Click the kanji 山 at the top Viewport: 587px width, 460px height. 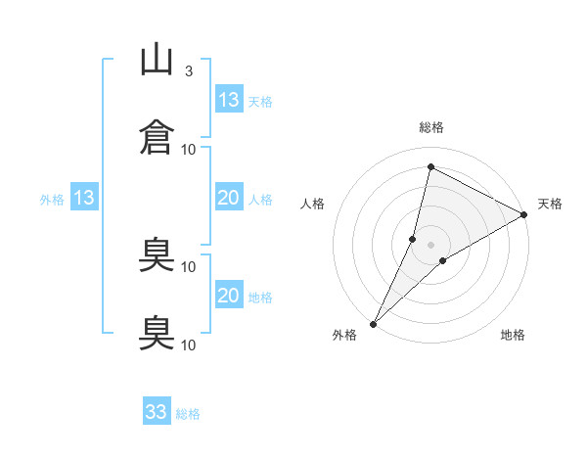pyautogui.click(x=157, y=59)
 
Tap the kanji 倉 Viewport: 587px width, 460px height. pyautogui.click(x=157, y=137)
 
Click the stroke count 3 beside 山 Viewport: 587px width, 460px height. pyautogui.click(x=189, y=71)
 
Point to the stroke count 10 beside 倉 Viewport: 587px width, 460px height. pyautogui.click(x=188, y=150)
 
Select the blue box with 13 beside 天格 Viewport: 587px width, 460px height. pyautogui.click(x=229, y=99)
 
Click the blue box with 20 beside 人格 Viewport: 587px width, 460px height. pyautogui.click(x=229, y=197)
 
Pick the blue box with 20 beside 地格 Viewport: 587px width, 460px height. pyautogui.click(x=229, y=294)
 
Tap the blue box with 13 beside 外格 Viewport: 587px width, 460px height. pyautogui.click(x=84, y=197)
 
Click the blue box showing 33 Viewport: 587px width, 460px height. pyautogui.click(x=157, y=410)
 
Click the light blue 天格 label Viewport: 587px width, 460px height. pyautogui.click(x=260, y=102)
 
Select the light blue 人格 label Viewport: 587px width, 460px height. pyautogui.click(x=260, y=200)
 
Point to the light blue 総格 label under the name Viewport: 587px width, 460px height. pyautogui.click(x=188, y=414)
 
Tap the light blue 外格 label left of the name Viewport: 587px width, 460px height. pyautogui.click(x=52, y=200)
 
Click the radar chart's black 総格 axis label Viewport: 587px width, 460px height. pyautogui.click(x=431, y=127)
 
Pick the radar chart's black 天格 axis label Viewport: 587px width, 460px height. pyautogui.click(x=550, y=204)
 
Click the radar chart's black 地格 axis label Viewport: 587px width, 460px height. pyautogui.click(x=513, y=335)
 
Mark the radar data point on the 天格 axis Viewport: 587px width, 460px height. pyautogui.click(x=524, y=214)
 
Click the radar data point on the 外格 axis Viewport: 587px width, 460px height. pyautogui.click(x=374, y=324)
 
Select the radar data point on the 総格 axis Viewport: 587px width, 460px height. pyautogui.click(x=430, y=166)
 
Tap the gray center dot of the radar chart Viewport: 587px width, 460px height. pyautogui.click(x=430, y=245)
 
